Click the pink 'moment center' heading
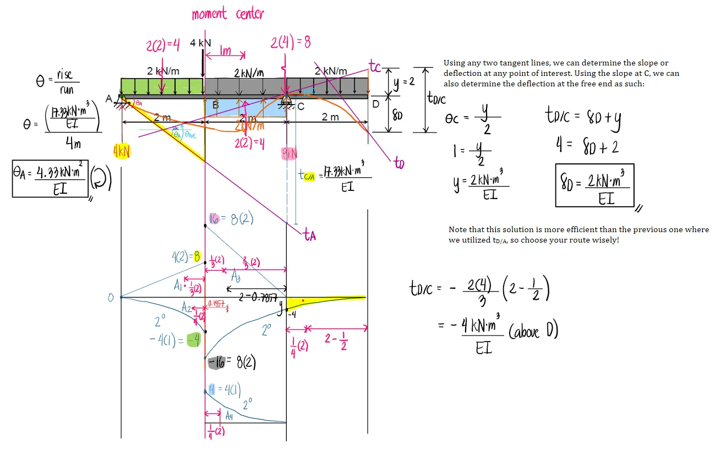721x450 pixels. [x=227, y=14]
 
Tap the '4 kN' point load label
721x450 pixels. [x=200, y=43]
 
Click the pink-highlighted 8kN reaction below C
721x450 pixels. [x=290, y=155]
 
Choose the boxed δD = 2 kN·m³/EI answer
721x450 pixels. [x=594, y=185]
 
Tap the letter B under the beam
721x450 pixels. [x=216, y=105]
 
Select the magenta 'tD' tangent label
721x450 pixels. [x=399, y=163]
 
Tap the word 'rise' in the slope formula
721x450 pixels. [x=64, y=75]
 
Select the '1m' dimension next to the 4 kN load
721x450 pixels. [x=225, y=51]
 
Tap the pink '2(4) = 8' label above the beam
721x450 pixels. [x=291, y=42]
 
